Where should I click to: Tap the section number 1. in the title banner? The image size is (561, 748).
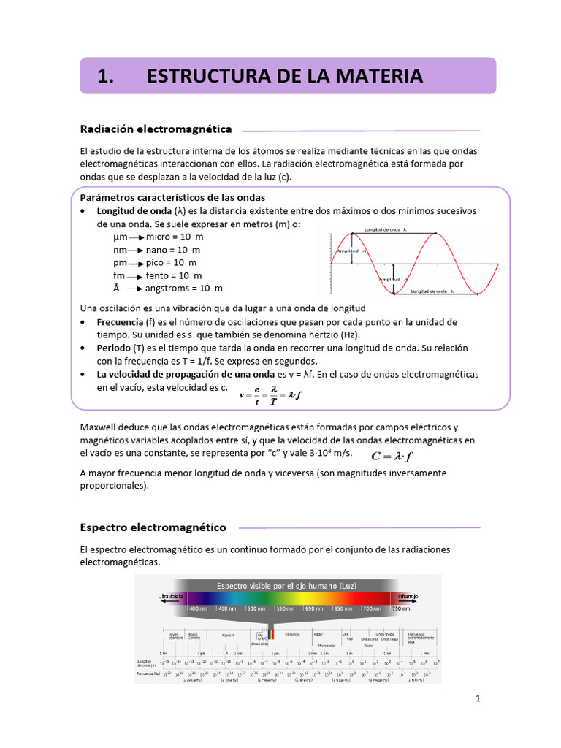point(106,76)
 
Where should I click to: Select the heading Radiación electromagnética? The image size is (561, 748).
point(156,129)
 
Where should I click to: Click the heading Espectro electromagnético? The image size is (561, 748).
point(153,527)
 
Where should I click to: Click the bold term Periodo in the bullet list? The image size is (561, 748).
point(114,348)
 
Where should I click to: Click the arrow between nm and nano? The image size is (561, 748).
point(137,251)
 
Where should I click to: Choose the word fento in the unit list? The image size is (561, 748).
point(158,275)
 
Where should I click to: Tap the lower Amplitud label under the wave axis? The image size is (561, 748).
point(390,279)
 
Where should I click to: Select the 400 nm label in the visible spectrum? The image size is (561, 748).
point(199,608)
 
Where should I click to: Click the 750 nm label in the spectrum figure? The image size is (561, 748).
point(400,608)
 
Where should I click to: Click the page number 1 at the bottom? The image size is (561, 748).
point(478,699)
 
